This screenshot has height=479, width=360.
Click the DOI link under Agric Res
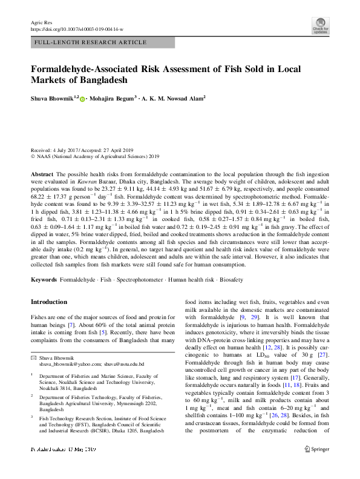77,29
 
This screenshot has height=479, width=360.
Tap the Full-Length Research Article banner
90,42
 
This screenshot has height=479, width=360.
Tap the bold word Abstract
42,173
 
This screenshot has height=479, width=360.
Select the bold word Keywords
44,282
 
